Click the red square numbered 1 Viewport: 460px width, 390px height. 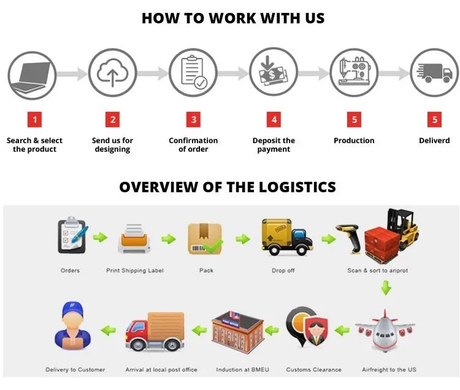click(x=34, y=119)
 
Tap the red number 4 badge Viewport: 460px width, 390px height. click(x=274, y=119)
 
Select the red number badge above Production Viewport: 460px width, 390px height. click(x=354, y=119)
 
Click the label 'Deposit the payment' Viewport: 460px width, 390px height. click(x=274, y=145)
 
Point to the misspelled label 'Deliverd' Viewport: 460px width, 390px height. click(x=434, y=141)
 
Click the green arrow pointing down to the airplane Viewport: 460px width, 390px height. click(x=385, y=287)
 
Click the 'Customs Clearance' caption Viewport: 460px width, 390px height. click(x=314, y=370)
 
